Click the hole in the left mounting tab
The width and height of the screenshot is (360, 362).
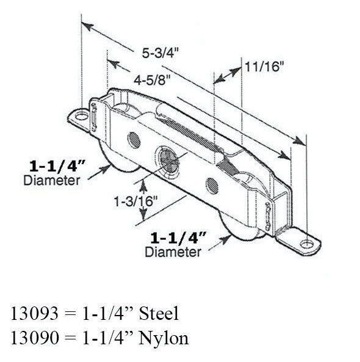(80, 114)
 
